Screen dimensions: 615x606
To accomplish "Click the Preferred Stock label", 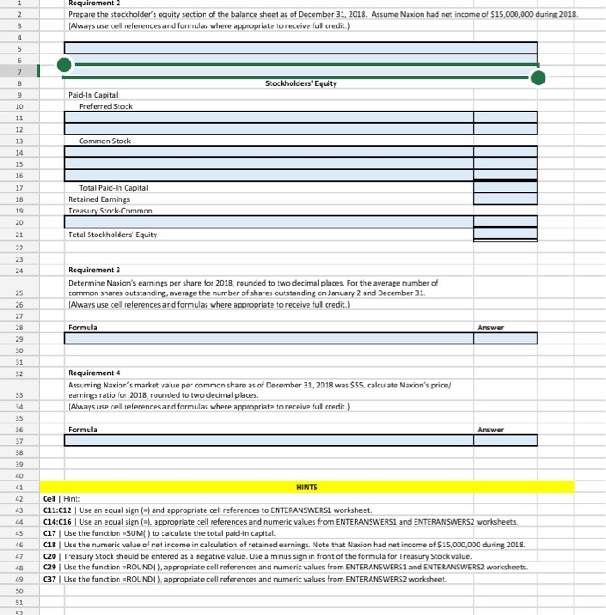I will [x=105, y=106].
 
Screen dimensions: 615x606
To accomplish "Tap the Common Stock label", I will [x=105, y=141].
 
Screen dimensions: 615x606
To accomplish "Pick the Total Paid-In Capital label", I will [x=113, y=187].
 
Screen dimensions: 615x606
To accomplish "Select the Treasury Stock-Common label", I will [x=110, y=211].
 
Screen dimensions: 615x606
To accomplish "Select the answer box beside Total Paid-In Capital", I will [x=505, y=187].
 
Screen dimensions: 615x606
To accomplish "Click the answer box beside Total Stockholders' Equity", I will [x=505, y=235].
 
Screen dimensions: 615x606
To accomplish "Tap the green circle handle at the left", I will [x=63, y=63].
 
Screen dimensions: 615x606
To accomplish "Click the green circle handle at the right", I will [x=538, y=78].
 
